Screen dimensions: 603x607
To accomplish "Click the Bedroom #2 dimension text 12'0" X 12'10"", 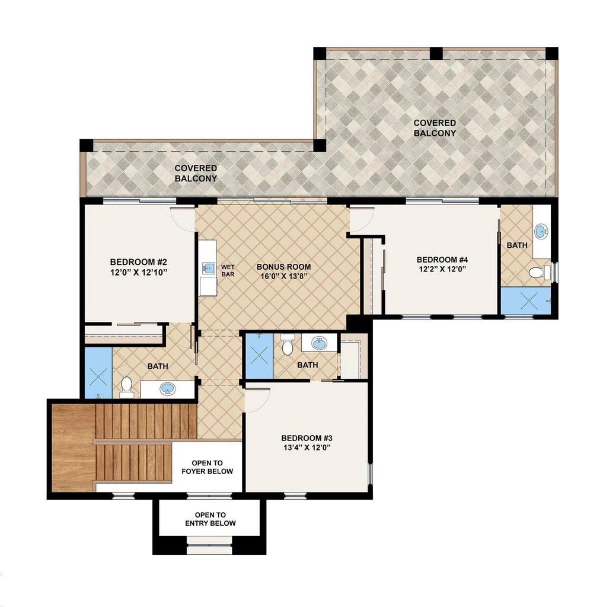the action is tap(139, 272).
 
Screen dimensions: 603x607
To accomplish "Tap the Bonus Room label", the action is tap(284, 267).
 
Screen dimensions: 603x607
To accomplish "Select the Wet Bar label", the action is tap(228, 270).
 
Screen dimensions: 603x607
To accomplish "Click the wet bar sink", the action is tap(208, 268).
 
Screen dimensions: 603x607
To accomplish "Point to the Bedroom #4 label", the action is tap(442, 260).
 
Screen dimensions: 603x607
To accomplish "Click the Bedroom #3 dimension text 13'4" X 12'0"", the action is tap(307, 448).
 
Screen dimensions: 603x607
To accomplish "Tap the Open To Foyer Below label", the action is tap(207, 467).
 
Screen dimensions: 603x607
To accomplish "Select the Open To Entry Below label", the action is tap(210, 519).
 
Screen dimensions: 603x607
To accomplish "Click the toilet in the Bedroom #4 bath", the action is tap(540, 272).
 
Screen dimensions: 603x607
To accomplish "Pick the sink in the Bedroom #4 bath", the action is tap(541, 232).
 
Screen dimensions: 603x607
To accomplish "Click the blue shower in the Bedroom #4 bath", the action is tap(525, 301).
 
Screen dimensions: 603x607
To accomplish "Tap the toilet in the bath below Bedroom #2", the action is tap(126, 388).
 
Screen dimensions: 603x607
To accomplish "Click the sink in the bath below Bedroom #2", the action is tap(167, 388).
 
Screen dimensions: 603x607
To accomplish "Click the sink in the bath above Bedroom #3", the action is tap(319, 343).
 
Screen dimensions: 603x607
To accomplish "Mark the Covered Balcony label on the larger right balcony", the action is tap(435, 128).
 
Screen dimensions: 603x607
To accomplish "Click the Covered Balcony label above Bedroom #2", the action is tap(196, 173).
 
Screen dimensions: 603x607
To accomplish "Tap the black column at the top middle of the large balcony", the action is tap(436, 53).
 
